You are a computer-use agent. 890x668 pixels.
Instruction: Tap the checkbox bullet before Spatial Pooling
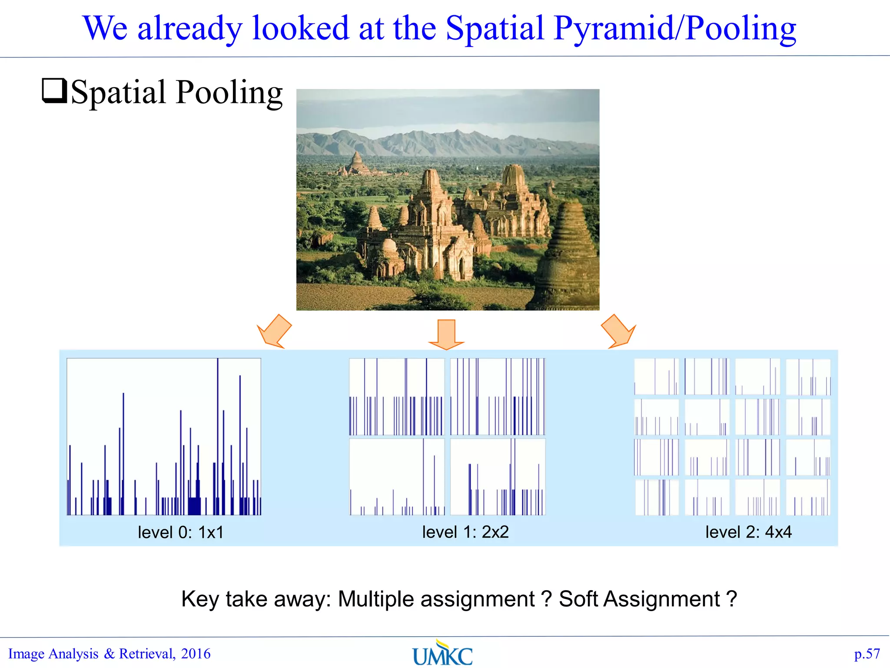54,90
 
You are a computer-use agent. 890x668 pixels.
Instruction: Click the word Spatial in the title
495,28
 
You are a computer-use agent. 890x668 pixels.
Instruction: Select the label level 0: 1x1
180,532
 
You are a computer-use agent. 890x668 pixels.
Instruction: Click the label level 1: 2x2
465,532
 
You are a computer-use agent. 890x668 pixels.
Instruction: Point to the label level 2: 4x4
748,532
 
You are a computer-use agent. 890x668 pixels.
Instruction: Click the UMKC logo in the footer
442,654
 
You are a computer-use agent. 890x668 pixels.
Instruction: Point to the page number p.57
867,654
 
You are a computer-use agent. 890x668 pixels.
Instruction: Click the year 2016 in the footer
196,654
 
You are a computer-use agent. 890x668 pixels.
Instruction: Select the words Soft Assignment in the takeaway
639,599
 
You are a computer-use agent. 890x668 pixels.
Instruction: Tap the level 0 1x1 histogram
164,437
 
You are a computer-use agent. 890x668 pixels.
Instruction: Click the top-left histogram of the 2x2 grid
397,397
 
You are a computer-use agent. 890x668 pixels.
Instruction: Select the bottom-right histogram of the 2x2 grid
498,477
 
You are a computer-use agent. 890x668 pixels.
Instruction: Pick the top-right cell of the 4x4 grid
808,377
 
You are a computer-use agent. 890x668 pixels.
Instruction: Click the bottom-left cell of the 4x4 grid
657,497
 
